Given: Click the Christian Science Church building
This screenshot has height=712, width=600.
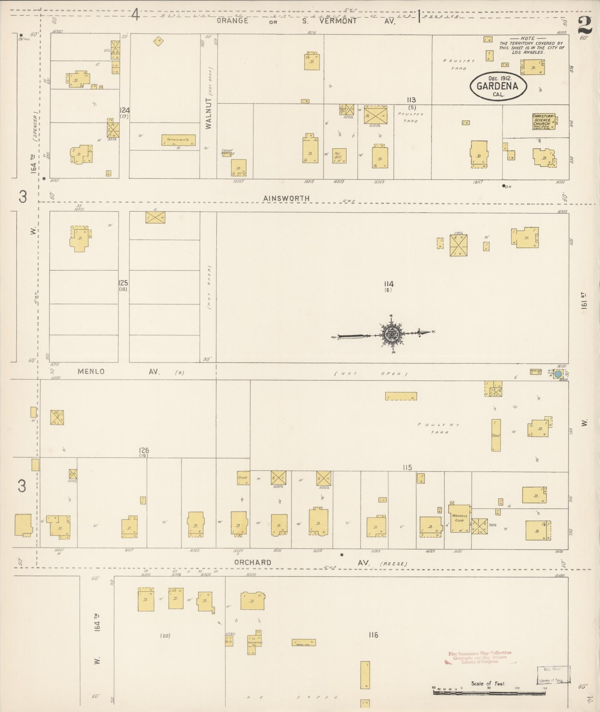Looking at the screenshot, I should point(543,121).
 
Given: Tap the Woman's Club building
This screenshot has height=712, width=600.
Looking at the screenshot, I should point(459,518).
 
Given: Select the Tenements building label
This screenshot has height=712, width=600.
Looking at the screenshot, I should point(178,140).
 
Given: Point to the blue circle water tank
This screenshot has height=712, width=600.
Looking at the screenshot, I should point(558,374).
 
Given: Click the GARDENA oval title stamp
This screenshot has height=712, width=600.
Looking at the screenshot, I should point(498,86).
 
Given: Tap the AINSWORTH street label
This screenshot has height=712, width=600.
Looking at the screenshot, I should point(286,198).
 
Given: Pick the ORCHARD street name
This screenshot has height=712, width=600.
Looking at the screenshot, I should point(253,562).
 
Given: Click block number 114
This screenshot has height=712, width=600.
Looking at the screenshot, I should point(389,284).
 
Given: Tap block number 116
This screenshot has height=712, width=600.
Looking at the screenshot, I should point(373,635).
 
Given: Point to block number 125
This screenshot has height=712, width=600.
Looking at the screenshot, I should point(123,282).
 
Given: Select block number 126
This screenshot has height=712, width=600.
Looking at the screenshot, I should point(144,451).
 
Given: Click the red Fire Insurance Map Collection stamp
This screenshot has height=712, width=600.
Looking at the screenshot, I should point(479,657).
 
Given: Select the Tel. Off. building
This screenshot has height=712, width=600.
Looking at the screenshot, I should point(339,156).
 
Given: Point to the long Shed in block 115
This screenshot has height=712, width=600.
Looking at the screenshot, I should point(496,435).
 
